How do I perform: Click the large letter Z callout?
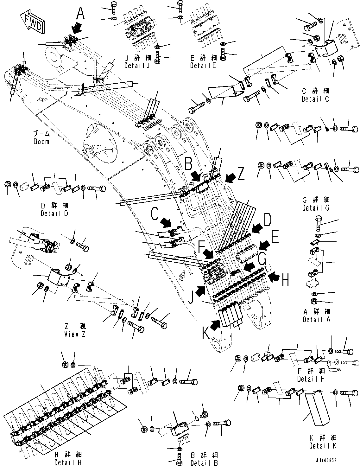[241, 174]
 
